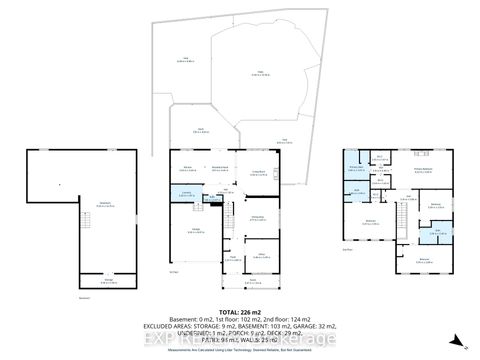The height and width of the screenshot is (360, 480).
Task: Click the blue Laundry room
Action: click(x=186, y=195)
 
